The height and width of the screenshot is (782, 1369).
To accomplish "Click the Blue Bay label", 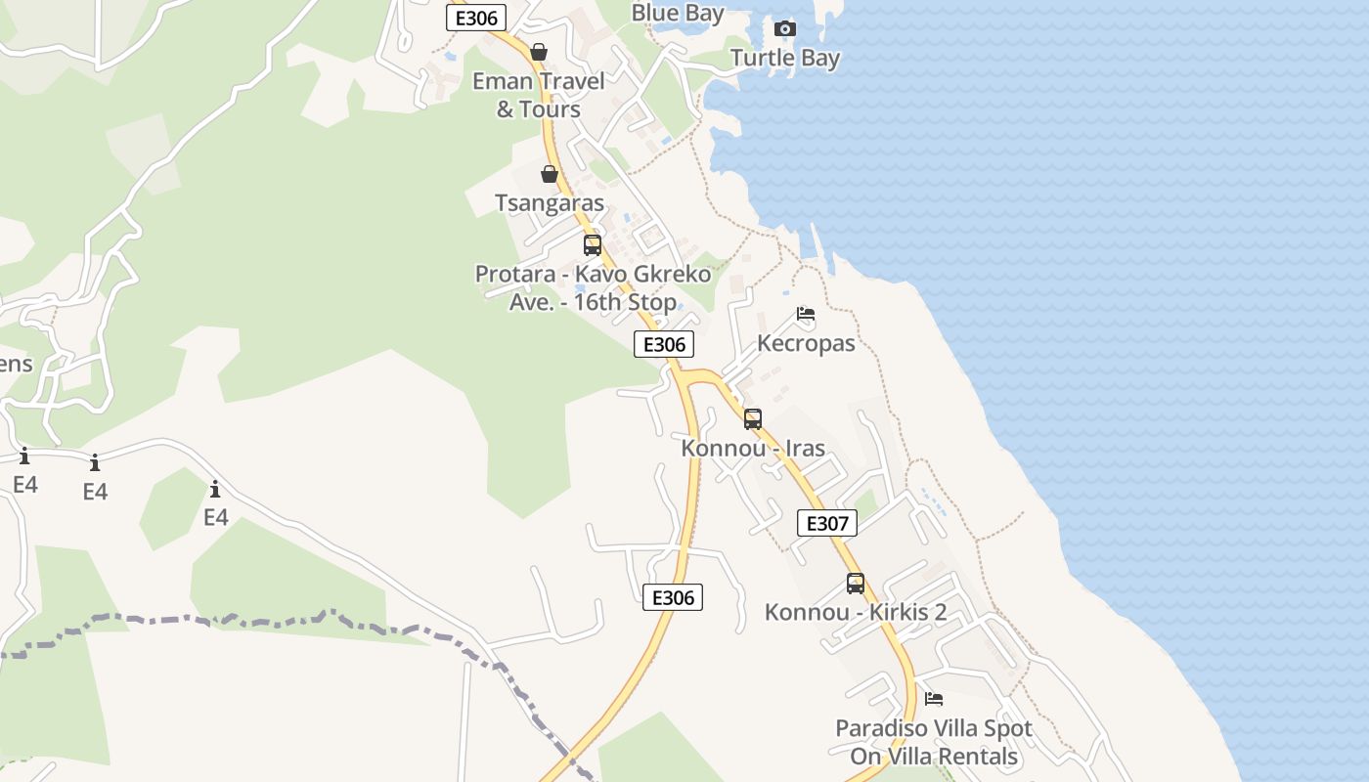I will tap(678, 13).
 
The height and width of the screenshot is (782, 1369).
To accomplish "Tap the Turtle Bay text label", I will tap(785, 58).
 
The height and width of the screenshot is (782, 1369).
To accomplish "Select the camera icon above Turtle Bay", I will tap(785, 28).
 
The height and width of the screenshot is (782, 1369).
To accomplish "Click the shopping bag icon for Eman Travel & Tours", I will tap(539, 52).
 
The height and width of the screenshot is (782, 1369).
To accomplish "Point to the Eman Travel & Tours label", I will tap(539, 95).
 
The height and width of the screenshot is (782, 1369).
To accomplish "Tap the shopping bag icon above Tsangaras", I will tap(550, 174).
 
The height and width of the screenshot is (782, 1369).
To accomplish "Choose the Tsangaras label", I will tap(550, 203).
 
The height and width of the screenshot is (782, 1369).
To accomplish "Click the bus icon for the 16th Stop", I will tap(593, 244).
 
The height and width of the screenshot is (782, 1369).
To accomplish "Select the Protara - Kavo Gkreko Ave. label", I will tap(593, 287).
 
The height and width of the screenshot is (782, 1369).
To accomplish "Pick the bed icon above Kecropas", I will tap(806, 314).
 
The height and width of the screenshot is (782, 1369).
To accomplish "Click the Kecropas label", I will tap(806, 343).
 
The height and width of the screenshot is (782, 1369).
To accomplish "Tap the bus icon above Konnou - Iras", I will tap(753, 418).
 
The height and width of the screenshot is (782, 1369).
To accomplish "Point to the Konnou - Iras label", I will tap(753, 449).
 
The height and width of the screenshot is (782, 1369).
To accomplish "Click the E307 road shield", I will tap(827, 523).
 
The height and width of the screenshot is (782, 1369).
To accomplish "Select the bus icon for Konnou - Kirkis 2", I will tap(856, 584).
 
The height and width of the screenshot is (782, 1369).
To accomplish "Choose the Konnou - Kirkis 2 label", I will tap(856, 613).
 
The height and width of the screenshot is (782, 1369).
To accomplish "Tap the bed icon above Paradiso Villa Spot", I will tap(934, 699).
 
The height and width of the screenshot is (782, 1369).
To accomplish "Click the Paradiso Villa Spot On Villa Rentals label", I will tap(934, 742).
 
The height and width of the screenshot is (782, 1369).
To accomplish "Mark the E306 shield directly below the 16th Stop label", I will tap(664, 344).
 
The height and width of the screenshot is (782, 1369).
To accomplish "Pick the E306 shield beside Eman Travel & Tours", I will tap(476, 18).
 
